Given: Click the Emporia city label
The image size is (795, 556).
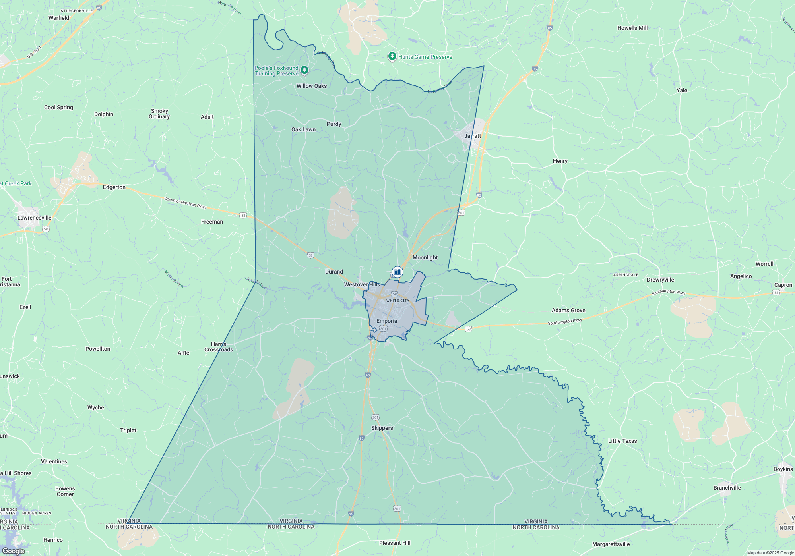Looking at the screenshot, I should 386,321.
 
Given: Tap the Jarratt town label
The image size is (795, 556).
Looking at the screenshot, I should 473,136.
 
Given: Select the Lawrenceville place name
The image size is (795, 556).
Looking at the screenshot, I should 34,218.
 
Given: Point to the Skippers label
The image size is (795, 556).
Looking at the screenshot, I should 382,428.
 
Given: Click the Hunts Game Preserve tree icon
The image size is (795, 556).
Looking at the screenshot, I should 392,56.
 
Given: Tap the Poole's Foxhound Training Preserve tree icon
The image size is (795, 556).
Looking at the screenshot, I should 304,70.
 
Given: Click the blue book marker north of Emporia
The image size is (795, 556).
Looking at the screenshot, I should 397,272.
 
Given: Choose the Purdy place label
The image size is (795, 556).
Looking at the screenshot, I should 334,124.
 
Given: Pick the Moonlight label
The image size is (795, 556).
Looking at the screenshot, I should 425,257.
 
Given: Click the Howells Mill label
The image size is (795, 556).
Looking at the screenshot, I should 632,28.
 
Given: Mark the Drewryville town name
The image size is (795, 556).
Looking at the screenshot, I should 660,280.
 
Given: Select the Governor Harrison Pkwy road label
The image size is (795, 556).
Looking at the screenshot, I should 185,203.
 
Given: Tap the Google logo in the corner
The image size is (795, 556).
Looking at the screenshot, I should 14,551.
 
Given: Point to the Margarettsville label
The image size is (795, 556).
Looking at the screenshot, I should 611,544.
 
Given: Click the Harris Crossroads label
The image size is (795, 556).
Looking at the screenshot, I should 219,347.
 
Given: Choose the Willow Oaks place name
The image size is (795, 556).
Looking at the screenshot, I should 312,86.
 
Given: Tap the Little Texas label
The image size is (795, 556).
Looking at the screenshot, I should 622,441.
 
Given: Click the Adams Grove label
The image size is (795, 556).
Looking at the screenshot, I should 568,310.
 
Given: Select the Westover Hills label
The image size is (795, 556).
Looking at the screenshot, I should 362,284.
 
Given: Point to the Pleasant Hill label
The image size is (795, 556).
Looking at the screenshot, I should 395,543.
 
